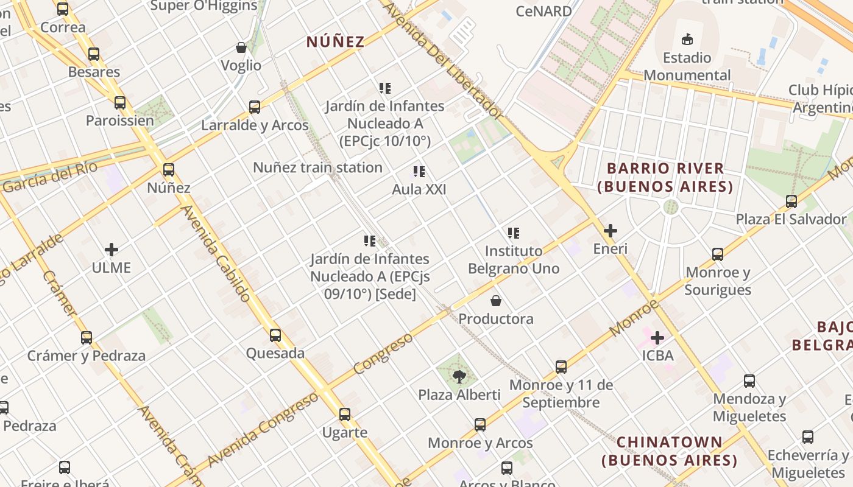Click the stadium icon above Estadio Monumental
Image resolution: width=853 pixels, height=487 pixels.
687,40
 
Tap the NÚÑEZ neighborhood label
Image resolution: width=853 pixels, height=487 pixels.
335,42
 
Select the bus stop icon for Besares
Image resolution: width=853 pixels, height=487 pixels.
93,54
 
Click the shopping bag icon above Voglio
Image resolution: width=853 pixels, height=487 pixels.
241,47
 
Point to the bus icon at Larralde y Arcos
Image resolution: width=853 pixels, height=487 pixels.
255,107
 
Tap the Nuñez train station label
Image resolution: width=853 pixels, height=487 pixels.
317,167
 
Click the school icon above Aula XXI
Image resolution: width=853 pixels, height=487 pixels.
419,172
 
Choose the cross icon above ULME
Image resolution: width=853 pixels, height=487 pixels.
111,250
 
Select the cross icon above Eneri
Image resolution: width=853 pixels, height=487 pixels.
610,231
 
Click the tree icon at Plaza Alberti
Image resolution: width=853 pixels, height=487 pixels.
459,377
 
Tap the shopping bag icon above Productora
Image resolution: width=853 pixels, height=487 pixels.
496,301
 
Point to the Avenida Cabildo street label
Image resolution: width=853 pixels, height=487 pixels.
216,253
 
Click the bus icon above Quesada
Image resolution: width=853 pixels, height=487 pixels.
275,335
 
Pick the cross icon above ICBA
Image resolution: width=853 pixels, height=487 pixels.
657,337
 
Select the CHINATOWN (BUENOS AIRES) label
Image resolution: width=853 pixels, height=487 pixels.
670,451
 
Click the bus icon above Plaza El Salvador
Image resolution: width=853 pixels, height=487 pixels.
791,201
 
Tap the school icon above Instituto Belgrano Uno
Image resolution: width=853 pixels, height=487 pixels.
514,233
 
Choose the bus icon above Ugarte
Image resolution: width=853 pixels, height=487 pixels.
345,415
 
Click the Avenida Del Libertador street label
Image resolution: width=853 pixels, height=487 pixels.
443,59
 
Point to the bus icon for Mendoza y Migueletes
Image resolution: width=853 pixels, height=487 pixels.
749,381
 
